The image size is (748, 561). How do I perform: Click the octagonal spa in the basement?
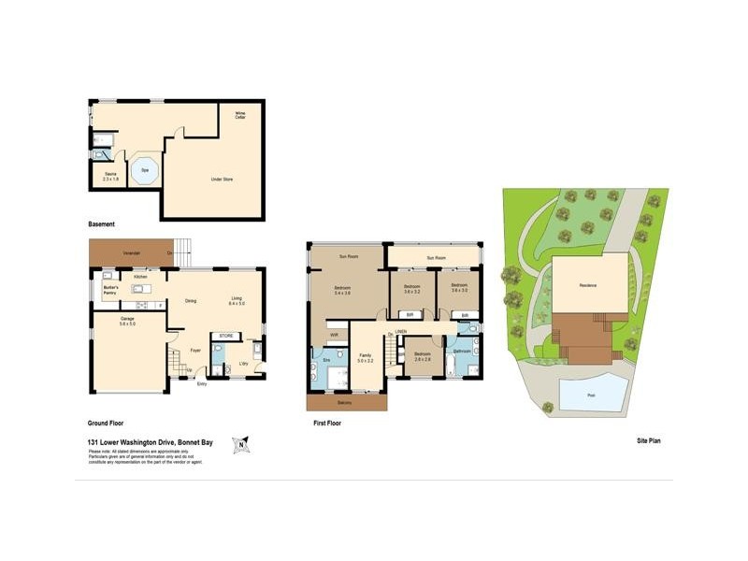145,171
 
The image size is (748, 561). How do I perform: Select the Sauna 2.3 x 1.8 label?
110,176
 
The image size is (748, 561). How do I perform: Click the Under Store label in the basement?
222,179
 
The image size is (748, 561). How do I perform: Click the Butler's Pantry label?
109,290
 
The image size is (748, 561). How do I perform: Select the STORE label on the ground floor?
225,335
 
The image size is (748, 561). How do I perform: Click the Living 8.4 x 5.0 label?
237,301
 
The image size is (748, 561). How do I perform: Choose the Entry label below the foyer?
201,383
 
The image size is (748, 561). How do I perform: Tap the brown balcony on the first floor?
347,402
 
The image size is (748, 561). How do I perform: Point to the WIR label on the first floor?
334,334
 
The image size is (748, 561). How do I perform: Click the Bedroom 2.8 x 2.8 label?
423,357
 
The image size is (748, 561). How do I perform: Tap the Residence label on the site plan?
588,285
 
